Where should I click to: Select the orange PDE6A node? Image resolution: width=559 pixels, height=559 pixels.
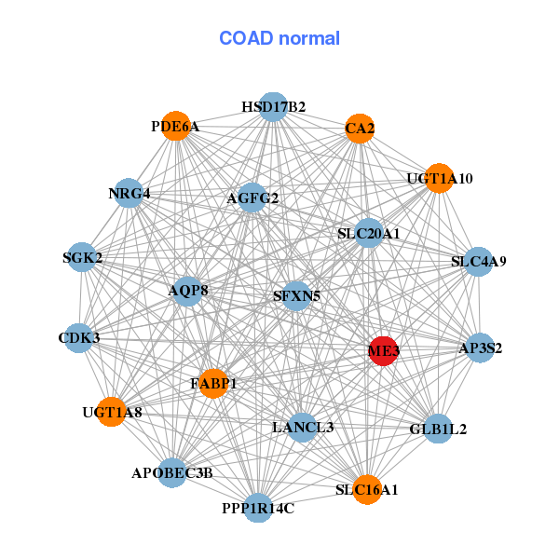pyautogui.click(x=176, y=127)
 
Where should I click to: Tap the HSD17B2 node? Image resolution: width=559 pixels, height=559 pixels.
pyautogui.click(x=273, y=107)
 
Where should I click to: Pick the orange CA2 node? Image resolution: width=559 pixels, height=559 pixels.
pyautogui.click(x=360, y=128)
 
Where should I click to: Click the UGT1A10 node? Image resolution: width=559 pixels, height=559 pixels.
pyautogui.click(x=440, y=178)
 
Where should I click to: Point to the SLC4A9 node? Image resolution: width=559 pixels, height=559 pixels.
pyautogui.click(x=478, y=262)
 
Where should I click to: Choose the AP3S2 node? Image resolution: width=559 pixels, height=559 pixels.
pyautogui.click(x=480, y=348)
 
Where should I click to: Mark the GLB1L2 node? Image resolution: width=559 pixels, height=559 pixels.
pyautogui.click(x=439, y=429)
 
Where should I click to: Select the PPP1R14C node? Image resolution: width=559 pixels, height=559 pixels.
pyautogui.click(x=258, y=508)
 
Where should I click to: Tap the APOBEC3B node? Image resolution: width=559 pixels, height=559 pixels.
pyautogui.click(x=172, y=473)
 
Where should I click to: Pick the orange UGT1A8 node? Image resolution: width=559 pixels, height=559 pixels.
pyautogui.click(x=112, y=411)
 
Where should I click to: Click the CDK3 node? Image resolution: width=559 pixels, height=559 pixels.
pyautogui.click(x=79, y=337)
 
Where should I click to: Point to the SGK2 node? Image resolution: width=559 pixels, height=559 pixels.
pyautogui.click(x=82, y=257)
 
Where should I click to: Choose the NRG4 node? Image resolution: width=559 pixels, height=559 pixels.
pyautogui.click(x=129, y=194)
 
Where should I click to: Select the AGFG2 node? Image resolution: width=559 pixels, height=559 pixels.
pyautogui.click(x=252, y=198)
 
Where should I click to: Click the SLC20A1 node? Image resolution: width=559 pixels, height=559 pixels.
pyautogui.click(x=369, y=233)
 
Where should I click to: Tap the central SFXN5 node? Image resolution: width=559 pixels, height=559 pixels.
pyautogui.click(x=296, y=296)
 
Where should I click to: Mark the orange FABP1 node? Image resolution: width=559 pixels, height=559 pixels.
pyautogui.click(x=214, y=383)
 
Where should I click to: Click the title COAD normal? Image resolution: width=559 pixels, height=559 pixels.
pyautogui.click(x=279, y=38)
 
